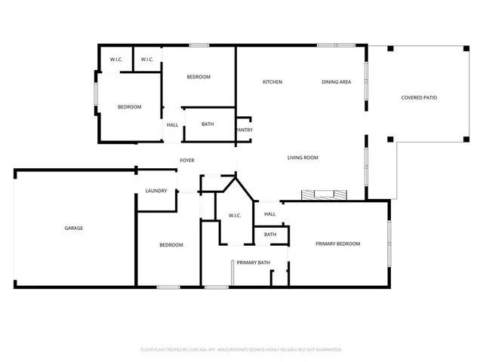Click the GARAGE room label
tap(73, 228)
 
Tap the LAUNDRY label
tap(156, 191)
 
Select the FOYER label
tap(186, 160)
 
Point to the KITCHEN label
tap(272, 81)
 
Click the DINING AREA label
tap(336, 81)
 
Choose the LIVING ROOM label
tap(303, 158)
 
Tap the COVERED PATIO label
tap(419, 97)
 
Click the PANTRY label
tap(244, 130)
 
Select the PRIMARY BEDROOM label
tap(337, 244)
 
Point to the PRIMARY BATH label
tap(253, 262)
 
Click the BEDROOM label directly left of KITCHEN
tap(198, 77)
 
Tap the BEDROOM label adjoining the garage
tap(171, 245)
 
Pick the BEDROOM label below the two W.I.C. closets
tap(129, 107)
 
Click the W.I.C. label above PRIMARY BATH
tap(235, 216)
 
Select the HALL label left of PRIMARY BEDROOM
tap(269, 214)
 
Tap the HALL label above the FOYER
tap(173, 124)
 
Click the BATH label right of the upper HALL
tap(208, 124)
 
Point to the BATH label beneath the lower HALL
tap(269, 235)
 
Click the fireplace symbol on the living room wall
tap(325, 195)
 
